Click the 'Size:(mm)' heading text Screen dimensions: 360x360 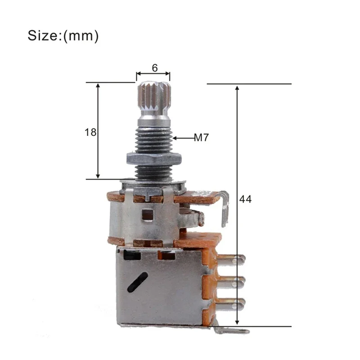[x=63, y=36]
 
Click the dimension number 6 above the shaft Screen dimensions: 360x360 [x=154, y=68]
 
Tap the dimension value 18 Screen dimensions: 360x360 [x=90, y=132]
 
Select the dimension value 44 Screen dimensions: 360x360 [x=246, y=199]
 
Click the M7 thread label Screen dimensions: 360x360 [x=202, y=138]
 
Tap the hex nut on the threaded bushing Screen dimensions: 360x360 [x=154, y=158]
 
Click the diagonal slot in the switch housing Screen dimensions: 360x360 [x=137, y=282]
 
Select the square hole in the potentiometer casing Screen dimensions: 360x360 [x=147, y=215]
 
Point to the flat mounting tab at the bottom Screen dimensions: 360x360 [x=231, y=331]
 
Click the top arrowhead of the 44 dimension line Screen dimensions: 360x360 [x=238, y=87]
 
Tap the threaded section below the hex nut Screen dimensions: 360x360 [x=154, y=171]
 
